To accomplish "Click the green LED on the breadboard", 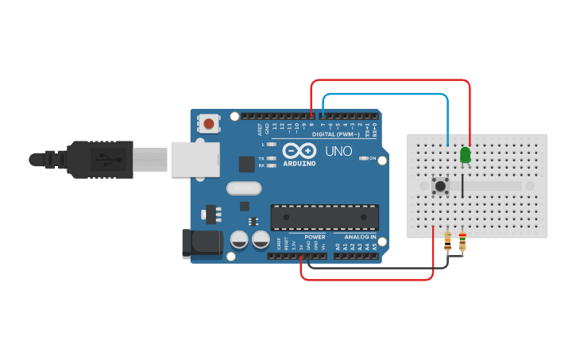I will point(465,155).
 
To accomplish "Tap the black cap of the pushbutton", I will point(439,187).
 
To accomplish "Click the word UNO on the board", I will point(339,151).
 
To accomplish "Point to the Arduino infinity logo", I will point(299,150).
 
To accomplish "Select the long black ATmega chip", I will point(324,216).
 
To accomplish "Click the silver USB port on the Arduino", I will point(193,160).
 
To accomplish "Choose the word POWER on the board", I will point(315,237).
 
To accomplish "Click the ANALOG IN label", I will point(360,237).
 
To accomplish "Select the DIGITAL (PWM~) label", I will point(336,134).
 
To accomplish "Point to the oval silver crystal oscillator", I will point(243,188).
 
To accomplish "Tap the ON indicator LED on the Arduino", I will point(363,158).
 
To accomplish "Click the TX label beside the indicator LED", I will point(261,158).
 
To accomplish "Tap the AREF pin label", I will point(259,127).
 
